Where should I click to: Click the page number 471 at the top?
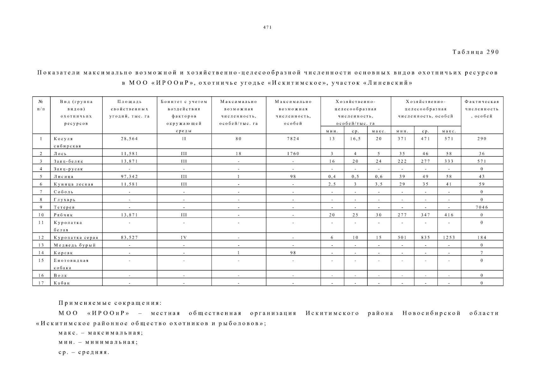267,27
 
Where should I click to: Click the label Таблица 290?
475,52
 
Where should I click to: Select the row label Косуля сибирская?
67,142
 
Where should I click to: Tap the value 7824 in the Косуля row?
293,139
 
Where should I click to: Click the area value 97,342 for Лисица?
129,177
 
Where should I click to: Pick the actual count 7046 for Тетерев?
482,207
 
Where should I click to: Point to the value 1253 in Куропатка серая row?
449,238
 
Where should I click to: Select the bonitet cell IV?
184,238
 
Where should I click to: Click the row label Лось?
60,154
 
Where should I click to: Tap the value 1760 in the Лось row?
293,154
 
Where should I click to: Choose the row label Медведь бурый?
75,245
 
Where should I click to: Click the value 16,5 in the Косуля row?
355,139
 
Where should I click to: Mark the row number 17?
41,283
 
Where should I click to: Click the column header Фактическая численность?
482,109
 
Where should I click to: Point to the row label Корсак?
63,253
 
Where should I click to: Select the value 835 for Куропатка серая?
425,238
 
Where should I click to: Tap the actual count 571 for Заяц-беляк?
482,161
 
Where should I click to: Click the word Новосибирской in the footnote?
431,313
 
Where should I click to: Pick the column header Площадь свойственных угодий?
129,109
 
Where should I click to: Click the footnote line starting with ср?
84,352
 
